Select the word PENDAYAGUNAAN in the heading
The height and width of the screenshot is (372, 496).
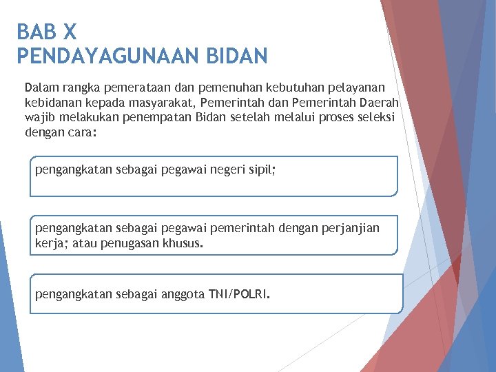click(x=100, y=55)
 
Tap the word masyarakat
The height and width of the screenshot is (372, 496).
click(x=164, y=103)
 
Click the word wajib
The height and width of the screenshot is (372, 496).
click(x=39, y=117)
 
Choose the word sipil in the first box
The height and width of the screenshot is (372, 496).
click(x=260, y=169)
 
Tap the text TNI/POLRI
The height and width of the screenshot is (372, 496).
click(x=242, y=295)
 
